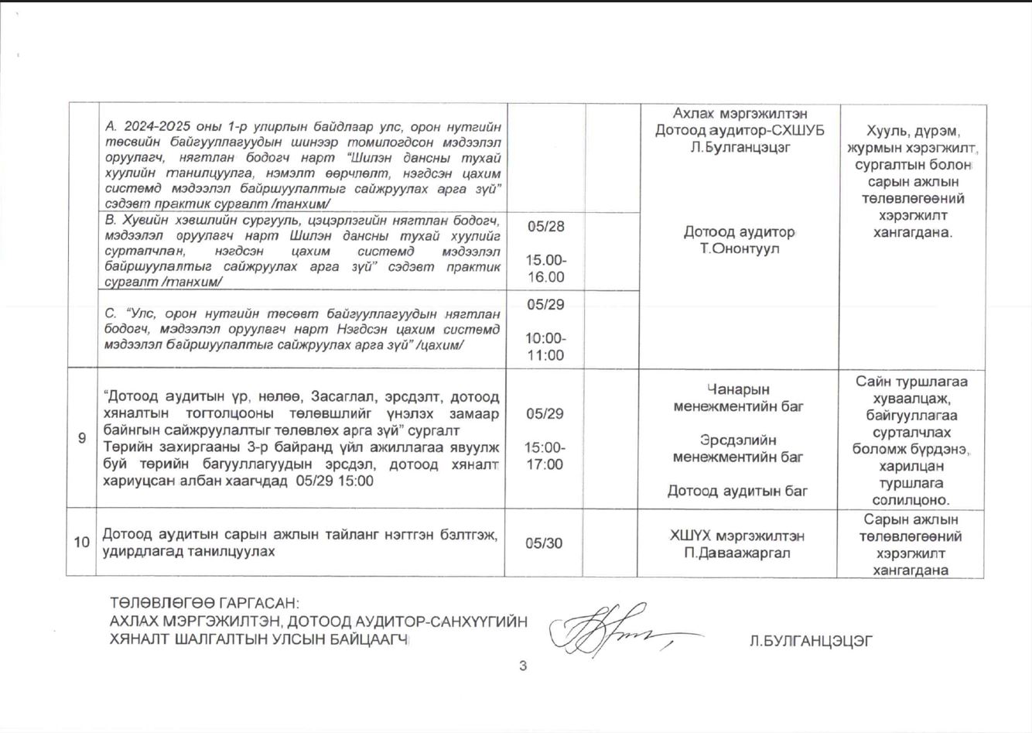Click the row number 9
[x=82, y=438]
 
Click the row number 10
[x=82, y=543]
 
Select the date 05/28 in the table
[x=545, y=226]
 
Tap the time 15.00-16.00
[x=545, y=269]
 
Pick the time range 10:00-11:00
[x=545, y=347]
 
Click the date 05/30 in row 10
[x=544, y=543]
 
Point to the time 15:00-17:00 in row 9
[x=545, y=456]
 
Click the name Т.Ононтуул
[x=740, y=249]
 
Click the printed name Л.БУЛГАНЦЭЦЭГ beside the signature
[x=811, y=641]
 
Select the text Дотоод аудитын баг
[x=737, y=491]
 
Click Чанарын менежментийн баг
[x=738, y=398]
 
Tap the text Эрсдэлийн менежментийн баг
[x=738, y=448]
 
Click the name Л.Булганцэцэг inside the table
[x=740, y=147]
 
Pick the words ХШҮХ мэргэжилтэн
[x=737, y=536]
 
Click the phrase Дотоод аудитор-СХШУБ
[x=740, y=130]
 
